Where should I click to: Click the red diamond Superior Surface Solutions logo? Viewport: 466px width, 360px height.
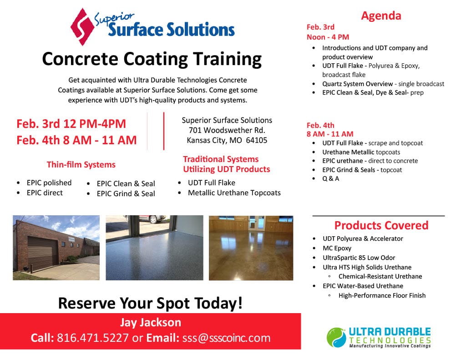[x=82, y=27]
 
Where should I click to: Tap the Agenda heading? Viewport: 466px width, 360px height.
[x=381, y=16]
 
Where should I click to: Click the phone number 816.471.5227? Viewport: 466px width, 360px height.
[x=93, y=338]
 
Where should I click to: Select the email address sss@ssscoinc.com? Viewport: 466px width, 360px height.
[x=227, y=338]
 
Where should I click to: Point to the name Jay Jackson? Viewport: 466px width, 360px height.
[x=150, y=323]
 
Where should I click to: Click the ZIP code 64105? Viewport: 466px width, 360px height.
[x=257, y=140]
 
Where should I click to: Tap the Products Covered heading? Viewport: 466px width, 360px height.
[x=381, y=225]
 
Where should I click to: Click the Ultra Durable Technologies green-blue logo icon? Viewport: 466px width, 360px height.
[x=336, y=337]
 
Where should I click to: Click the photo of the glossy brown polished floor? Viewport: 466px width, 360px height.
[x=251, y=248]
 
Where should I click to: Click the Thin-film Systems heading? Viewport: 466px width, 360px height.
[x=81, y=165]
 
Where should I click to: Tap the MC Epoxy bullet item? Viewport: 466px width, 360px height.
[x=337, y=248]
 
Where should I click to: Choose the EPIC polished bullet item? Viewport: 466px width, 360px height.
[x=49, y=183]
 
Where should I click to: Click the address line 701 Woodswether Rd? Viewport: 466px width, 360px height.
[x=227, y=130]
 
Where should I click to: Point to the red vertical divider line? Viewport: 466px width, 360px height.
[x=164, y=131]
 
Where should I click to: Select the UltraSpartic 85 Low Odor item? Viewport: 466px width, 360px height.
[x=359, y=258]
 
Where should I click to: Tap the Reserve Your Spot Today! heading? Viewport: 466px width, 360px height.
[x=150, y=303]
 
